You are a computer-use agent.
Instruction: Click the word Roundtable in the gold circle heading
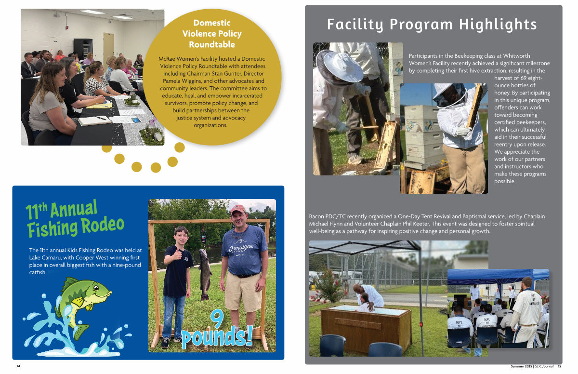click(212, 44)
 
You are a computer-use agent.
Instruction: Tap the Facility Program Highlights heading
click(432, 25)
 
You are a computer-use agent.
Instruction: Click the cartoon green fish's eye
click(96, 288)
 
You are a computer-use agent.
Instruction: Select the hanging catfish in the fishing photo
click(205, 274)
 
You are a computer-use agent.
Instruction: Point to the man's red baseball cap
click(238, 209)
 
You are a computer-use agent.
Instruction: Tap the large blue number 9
click(217, 319)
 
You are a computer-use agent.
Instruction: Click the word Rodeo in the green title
click(103, 225)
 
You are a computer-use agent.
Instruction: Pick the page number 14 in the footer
click(18, 366)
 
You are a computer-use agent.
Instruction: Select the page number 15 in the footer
click(559, 366)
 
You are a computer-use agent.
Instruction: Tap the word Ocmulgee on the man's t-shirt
click(241, 247)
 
